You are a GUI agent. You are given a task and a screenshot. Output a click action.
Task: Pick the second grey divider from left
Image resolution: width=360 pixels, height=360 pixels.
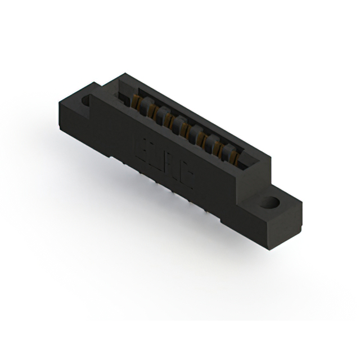(161, 115)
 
